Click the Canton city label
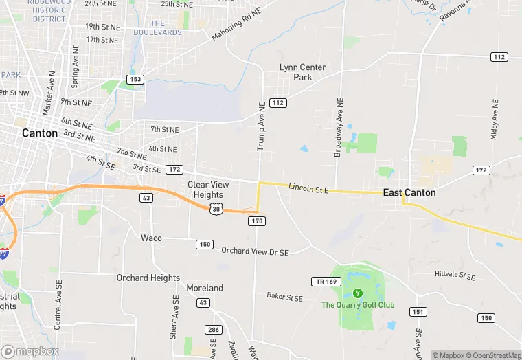click(40, 133)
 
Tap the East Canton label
click(409, 192)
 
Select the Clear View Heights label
click(208, 190)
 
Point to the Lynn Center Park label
click(302, 72)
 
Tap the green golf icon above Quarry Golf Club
click(357, 293)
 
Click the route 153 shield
click(135, 80)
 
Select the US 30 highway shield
click(217, 208)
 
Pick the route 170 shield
click(257, 221)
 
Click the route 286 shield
click(214, 330)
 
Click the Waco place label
click(151, 238)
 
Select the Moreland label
click(205, 288)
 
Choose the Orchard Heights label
click(148, 278)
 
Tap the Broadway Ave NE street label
click(338, 126)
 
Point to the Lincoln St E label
click(309, 188)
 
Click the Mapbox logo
click(30, 351)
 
